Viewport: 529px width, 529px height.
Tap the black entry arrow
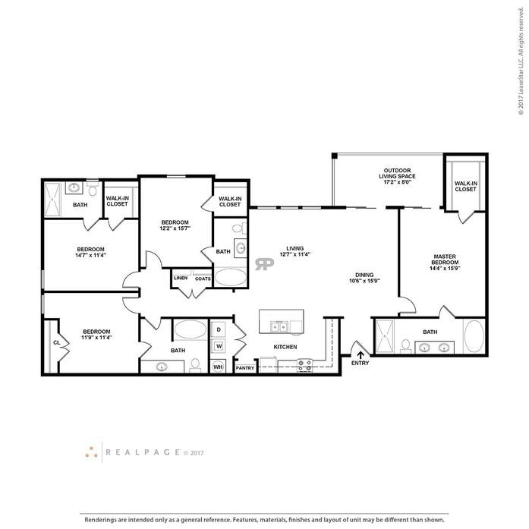360,352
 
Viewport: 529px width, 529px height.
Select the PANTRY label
245,368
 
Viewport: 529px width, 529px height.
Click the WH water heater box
218,367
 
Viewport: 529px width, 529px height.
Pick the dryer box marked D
219,329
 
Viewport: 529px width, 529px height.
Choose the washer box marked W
219,346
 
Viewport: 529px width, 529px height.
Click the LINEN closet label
181,278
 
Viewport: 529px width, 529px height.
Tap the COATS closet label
203,278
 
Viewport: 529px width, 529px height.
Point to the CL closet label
57,342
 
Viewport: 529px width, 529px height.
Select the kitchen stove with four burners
304,365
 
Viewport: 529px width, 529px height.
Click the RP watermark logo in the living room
265,264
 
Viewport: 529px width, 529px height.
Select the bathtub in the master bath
474,336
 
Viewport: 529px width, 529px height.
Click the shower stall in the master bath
386,336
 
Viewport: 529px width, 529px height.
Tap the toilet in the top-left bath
93,189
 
